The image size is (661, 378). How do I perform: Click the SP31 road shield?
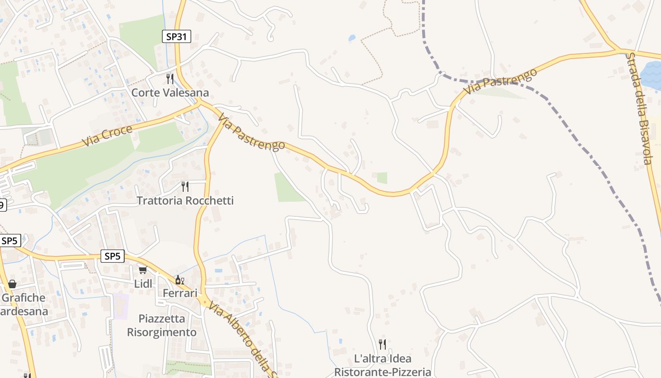click(177, 36)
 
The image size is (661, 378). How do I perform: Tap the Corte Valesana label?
click(170, 93)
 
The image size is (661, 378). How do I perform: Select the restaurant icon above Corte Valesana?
click(170, 78)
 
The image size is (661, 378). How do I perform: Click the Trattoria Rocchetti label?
click(185, 201)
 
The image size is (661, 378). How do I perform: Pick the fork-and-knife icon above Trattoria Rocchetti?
click(185, 187)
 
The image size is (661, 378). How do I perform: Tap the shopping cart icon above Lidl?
click(143, 270)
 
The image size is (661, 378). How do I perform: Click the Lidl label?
click(143, 284)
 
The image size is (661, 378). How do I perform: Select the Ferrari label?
click(180, 293)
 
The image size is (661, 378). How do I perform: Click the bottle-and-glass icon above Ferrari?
click(179, 280)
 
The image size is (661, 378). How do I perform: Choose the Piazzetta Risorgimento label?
click(162, 326)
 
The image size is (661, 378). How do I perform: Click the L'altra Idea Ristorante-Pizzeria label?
click(382, 365)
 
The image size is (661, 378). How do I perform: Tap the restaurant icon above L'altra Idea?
click(382, 344)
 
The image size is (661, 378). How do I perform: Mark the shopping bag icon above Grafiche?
click(12, 284)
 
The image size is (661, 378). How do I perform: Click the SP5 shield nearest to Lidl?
click(113, 257)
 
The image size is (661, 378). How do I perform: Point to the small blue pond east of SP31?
click(352, 38)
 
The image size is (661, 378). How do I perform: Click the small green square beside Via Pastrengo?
click(382, 178)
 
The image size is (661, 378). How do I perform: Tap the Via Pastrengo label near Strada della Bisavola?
click(500, 81)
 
